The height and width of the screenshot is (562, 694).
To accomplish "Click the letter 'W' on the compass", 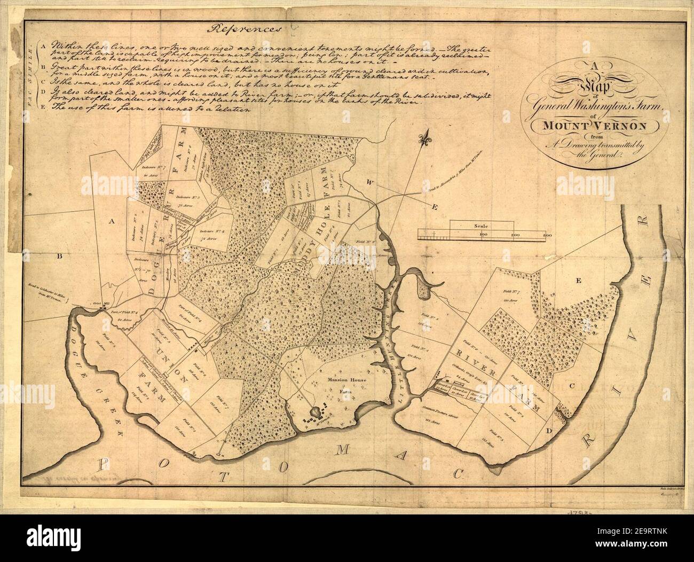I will tap(368, 183).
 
